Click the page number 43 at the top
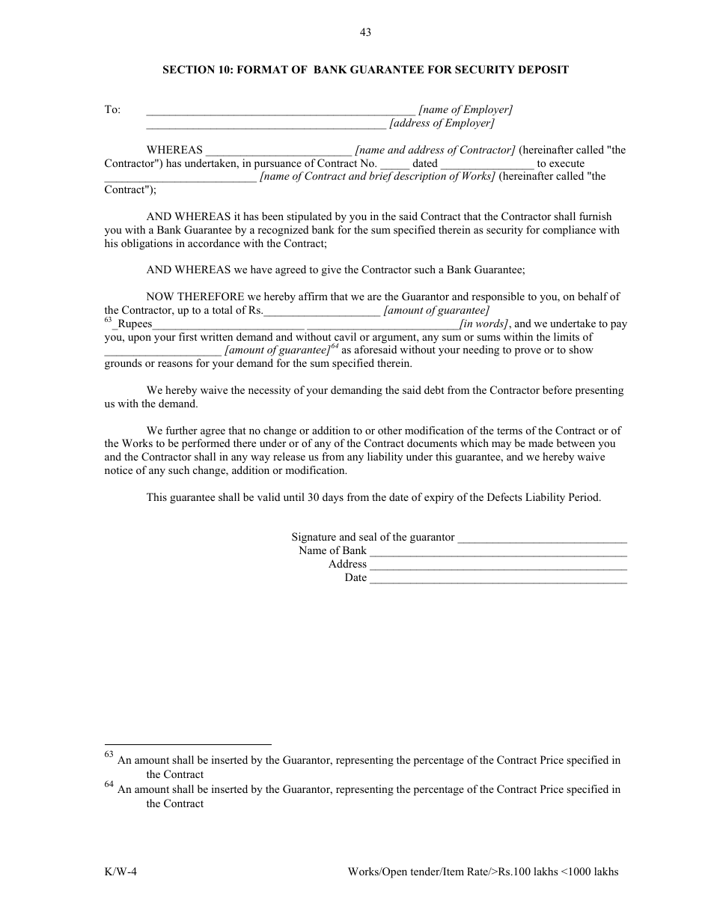coord(365,32)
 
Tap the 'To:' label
coord(112,109)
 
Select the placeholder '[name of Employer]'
coord(466,109)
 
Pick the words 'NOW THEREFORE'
coord(185,297)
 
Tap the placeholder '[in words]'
coord(484,323)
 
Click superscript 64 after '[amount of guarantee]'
coord(335,347)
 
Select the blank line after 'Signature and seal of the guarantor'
coord(542,538)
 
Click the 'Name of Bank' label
coord(332,550)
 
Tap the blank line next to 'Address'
coord(498,565)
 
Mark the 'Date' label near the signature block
coord(355,577)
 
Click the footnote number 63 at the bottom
coord(109,755)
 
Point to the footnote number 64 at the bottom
coord(109,784)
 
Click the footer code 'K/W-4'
coord(120,872)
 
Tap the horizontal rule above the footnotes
coord(187,744)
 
